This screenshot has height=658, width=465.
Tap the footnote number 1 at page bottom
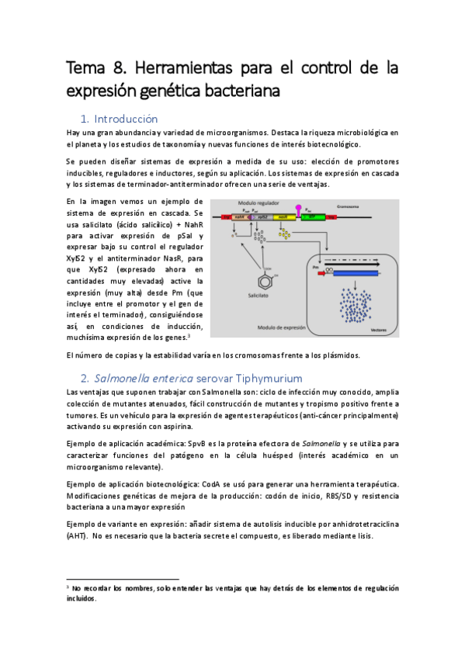pyautogui.click(x=68, y=587)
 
